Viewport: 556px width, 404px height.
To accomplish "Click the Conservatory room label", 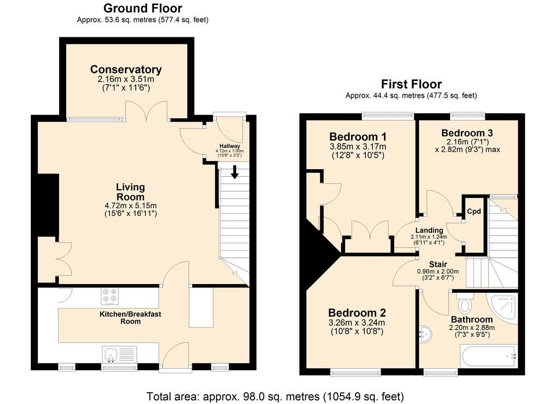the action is [126, 69].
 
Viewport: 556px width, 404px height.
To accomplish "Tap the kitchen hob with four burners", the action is [110, 296].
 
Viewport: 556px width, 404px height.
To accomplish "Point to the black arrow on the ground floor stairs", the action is [235, 172].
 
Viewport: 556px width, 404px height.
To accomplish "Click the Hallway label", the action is [230, 146].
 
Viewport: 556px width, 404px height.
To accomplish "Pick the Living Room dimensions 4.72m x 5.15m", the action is [130, 206].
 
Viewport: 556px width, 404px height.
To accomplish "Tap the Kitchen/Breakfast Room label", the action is [130, 318].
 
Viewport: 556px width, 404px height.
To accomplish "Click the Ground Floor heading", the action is [143, 8].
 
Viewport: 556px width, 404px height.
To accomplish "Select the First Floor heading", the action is [412, 84].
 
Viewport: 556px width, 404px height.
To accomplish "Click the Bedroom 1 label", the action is [358, 137].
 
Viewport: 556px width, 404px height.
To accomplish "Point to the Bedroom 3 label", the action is [467, 133].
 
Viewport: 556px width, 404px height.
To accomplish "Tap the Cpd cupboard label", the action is [473, 211].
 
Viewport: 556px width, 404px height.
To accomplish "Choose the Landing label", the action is [429, 230].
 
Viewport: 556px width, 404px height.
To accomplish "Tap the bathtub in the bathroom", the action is [489, 357].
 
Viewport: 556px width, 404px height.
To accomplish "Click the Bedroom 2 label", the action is [357, 313].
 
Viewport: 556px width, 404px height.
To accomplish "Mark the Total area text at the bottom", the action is [275, 396].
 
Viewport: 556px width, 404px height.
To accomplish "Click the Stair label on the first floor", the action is [438, 264].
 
